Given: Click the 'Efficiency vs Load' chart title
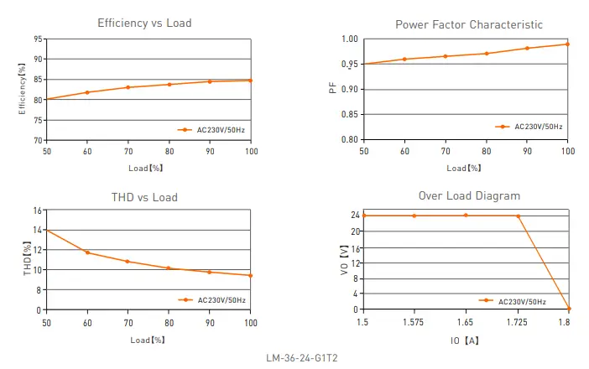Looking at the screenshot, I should tap(144, 23).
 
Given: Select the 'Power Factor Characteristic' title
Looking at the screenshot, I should tap(468, 24).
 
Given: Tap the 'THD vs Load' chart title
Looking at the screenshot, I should tap(144, 197).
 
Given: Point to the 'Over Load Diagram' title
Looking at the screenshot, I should tap(468, 195).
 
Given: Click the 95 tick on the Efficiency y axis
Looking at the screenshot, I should tap(39, 39).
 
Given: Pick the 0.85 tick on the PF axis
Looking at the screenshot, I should tap(352, 114).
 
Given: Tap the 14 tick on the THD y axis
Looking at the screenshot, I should tap(38, 230).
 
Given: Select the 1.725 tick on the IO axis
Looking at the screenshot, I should tap(518, 322).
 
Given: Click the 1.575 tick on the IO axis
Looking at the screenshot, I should tap(414, 322).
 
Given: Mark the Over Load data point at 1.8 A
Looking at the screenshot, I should tap(569, 309).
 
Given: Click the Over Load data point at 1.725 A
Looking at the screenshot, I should tap(518, 216).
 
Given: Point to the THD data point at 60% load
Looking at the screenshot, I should tap(87, 252).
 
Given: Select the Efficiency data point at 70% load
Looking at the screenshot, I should tap(128, 87).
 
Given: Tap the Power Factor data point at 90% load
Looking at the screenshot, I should tap(527, 48).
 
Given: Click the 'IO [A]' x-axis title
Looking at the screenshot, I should tap(465, 341).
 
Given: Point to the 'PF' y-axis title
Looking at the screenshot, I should tap(333, 88).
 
